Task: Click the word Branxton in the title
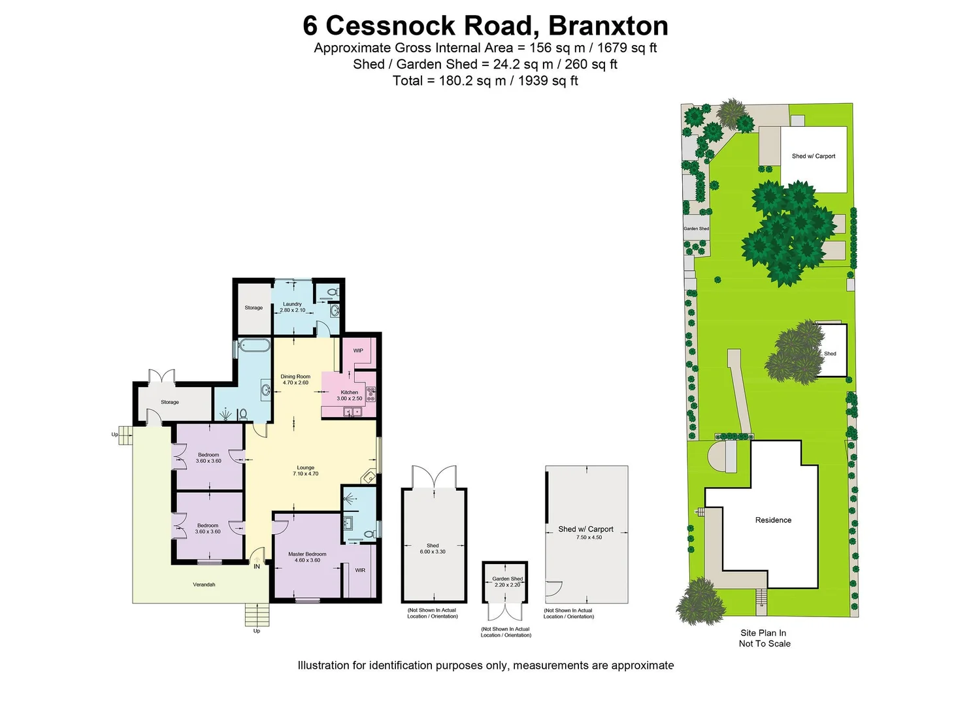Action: pyautogui.click(x=608, y=26)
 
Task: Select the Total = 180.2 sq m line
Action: pyautogui.click(x=485, y=80)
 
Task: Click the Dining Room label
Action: pyautogui.click(x=295, y=377)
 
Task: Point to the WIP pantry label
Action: pyautogui.click(x=358, y=351)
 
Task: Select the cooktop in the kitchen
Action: pyautogui.click(x=370, y=394)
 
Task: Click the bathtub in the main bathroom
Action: pyautogui.click(x=253, y=345)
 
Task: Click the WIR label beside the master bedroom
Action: pyautogui.click(x=360, y=571)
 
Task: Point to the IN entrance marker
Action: pyautogui.click(x=257, y=567)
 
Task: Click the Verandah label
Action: pyautogui.click(x=204, y=584)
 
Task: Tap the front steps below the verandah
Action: pyautogui.click(x=257, y=614)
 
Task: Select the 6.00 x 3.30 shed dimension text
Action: pyautogui.click(x=433, y=552)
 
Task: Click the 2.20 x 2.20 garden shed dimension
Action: pyautogui.click(x=507, y=585)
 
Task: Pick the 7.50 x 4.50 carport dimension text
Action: pyautogui.click(x=589, y=537)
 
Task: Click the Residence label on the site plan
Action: pyautogui.click(x=773, y=520)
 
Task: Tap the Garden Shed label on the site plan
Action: pyautogui.click(x=696, y=229)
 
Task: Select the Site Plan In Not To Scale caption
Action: pyautogui.click(x=764, y=638)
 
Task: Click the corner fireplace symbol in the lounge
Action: pyautogui.click(x=369, y=476)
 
